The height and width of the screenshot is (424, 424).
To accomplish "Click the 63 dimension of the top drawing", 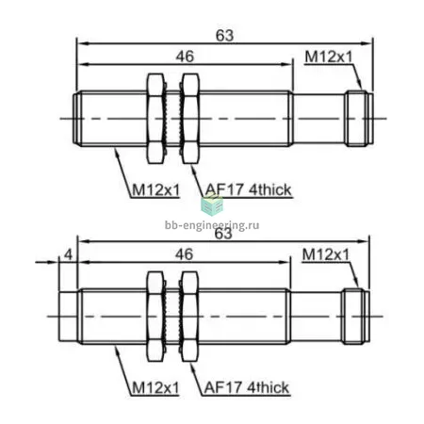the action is tap(224, 36).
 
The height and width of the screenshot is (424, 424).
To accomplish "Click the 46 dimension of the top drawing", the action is tap(185, 57).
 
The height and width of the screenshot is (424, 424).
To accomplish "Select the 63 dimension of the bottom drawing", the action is tap(223, 234).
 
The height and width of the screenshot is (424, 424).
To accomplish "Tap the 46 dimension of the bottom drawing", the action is tap(184, 254).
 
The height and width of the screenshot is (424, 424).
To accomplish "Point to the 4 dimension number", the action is tap(68, 254).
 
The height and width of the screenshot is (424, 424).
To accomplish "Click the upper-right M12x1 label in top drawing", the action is tap(329, 57).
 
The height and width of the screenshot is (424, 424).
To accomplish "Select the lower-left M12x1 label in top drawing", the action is tap(155, 190).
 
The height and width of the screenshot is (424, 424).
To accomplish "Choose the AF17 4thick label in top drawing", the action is tap(248, 189).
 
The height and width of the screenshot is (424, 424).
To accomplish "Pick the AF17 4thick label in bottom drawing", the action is tap(246, 387).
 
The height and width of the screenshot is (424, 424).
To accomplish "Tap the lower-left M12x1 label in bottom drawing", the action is tap(155, 388).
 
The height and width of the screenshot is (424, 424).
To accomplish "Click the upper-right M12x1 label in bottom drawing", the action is tap(326, 254).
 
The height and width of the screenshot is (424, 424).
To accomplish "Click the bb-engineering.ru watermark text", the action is tap(212, 225).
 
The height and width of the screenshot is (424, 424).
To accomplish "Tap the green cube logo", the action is tap(212, 204).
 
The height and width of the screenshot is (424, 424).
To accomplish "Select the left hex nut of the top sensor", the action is tap(155, 119).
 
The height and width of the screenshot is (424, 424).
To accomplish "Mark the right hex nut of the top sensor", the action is tap(190, 119).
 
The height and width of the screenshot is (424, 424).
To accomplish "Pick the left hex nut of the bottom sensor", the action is tap(155, 317).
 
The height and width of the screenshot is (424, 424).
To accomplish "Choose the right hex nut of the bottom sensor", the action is tap(190, 317).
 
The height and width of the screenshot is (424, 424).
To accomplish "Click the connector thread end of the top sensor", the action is tap(359, 119).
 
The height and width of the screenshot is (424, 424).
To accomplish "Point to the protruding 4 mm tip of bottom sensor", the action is tap(68, 317).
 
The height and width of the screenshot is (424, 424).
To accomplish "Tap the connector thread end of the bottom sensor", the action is tap(355, 317).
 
